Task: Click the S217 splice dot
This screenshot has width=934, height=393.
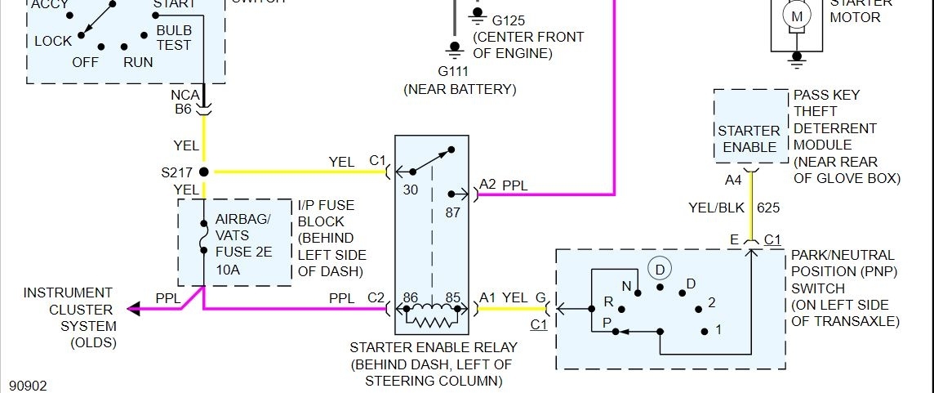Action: [x=203, y=172]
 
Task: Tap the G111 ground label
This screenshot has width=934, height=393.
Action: [x=454, y=72]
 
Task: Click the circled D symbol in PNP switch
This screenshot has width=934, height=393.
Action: [x=658, y=268]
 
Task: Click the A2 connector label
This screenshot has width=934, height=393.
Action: [x=487, y=185]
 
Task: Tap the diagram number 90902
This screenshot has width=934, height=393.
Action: [x=29, y=384]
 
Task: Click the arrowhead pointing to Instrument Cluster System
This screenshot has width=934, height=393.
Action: [x=132, y=309]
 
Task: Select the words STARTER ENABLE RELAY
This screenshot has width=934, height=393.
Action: [x=433, y=347]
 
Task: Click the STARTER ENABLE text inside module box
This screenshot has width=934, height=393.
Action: [x=749, y=139]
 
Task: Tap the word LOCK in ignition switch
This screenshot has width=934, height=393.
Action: [x=53, y=41]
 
